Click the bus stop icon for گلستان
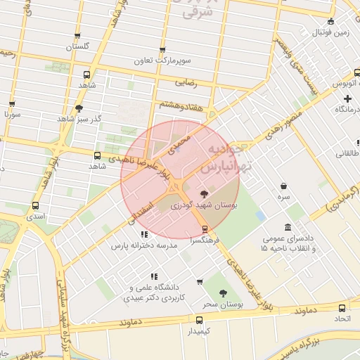77,36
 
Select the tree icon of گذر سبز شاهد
78,108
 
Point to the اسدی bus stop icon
35,205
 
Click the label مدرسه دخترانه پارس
146,245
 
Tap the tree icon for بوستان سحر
224,293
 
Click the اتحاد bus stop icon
342,308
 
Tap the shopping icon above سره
283,186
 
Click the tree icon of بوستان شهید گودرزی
205,193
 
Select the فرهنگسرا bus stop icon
205,229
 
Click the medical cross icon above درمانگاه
347,98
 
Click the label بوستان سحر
222,304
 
